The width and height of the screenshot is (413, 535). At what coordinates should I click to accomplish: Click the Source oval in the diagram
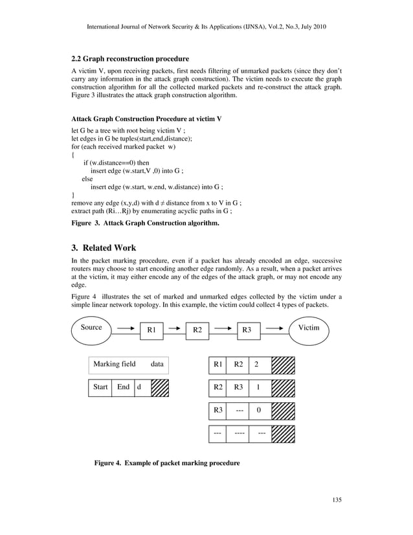tap(91, 328)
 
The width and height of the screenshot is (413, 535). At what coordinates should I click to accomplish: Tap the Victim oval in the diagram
tap(308, 328)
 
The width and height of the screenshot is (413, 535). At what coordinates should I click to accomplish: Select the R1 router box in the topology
tap(151, 330)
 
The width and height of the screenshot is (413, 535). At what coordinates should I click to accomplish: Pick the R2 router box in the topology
tap(197, 330)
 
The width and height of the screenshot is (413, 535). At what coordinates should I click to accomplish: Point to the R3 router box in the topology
tap(246, 330)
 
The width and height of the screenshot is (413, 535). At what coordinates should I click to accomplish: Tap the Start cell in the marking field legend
tap(100, 387)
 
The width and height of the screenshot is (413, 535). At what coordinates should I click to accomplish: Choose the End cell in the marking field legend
tap(122, 387)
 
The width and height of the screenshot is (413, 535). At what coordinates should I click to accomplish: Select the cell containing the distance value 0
tap(259, 411)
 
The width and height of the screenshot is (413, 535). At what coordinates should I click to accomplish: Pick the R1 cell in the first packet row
tap(218, 365)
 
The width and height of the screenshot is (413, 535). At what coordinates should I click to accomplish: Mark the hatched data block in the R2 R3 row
tap(283, 387)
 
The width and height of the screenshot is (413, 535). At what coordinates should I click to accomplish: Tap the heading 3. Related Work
tap(104, 247)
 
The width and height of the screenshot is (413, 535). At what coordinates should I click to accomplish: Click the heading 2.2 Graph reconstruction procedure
tap(130, 59)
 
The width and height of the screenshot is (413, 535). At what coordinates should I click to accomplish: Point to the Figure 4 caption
tap(167, 464)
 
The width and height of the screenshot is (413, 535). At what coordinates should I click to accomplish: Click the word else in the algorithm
tap(87, 178)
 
